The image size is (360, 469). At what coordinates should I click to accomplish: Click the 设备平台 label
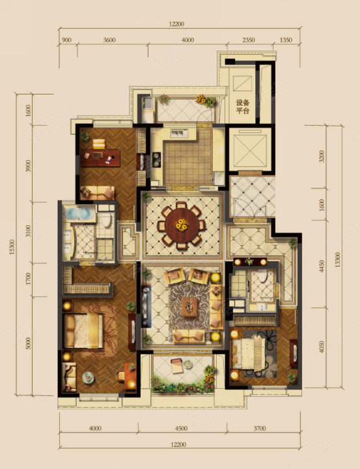tap(242, 106)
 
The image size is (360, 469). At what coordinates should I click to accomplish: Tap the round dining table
tap(182, 225)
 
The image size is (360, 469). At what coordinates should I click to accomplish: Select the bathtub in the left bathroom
tap(79, 213)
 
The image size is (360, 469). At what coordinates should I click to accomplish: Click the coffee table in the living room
tap(189, 307)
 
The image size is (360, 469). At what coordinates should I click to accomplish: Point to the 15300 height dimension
tap(12, 247)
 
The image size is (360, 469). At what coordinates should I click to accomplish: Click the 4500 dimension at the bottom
tap(181, 429)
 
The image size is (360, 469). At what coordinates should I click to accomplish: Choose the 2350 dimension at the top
tap(249, 40)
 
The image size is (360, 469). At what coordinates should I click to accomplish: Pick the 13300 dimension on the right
tap(338, 260)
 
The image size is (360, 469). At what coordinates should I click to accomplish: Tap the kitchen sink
tap(179, 133)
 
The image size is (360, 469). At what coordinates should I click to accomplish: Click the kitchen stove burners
tap(156, 160)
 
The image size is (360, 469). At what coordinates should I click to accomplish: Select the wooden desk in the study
tap(100, 158)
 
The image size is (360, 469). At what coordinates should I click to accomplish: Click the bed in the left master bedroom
tap(83, 331)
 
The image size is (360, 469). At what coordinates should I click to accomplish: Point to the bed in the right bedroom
tap(248, 354)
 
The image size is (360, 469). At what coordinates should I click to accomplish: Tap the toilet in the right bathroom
tap(262, 276)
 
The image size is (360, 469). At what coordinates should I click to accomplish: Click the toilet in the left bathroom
tap(106, 221)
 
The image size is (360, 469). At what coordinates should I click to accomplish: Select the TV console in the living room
tap(146, 306)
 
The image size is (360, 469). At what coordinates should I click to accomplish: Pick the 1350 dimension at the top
tap(286, 40)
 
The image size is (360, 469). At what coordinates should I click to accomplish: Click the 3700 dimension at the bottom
tap(260, 429)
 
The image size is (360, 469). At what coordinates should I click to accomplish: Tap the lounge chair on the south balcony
tap(177, 366)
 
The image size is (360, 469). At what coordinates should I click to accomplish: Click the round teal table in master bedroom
tap(89, 377)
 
